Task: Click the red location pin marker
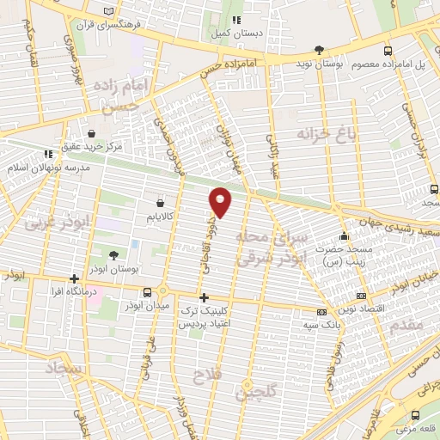click(221, 201)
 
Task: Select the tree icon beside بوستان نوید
click(320, 50)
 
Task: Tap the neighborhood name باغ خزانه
click(326, 133)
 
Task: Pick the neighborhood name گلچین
click(258, 393)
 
